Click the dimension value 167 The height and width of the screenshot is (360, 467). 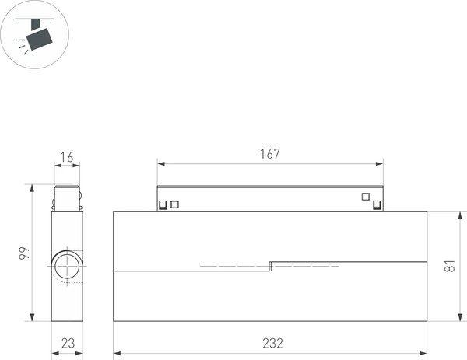tap(269, 154)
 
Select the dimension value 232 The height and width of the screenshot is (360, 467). tap(272, 343)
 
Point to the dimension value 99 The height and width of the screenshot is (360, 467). tap(24, 253)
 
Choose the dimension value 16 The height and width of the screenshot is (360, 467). tap(66, 158)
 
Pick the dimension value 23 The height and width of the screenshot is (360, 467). tap(67, 343)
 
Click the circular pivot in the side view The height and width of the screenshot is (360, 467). tap(66, 266)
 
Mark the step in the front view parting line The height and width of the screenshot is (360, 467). tap(269, 265)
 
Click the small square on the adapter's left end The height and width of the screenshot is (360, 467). tap(174, 204)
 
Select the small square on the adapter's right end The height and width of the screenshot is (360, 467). tap(365, 197)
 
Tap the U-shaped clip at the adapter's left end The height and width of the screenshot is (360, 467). tap(163, 206)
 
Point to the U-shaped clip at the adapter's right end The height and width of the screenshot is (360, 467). tap(377, 206)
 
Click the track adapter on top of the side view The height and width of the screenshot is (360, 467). tap(66, 198)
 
